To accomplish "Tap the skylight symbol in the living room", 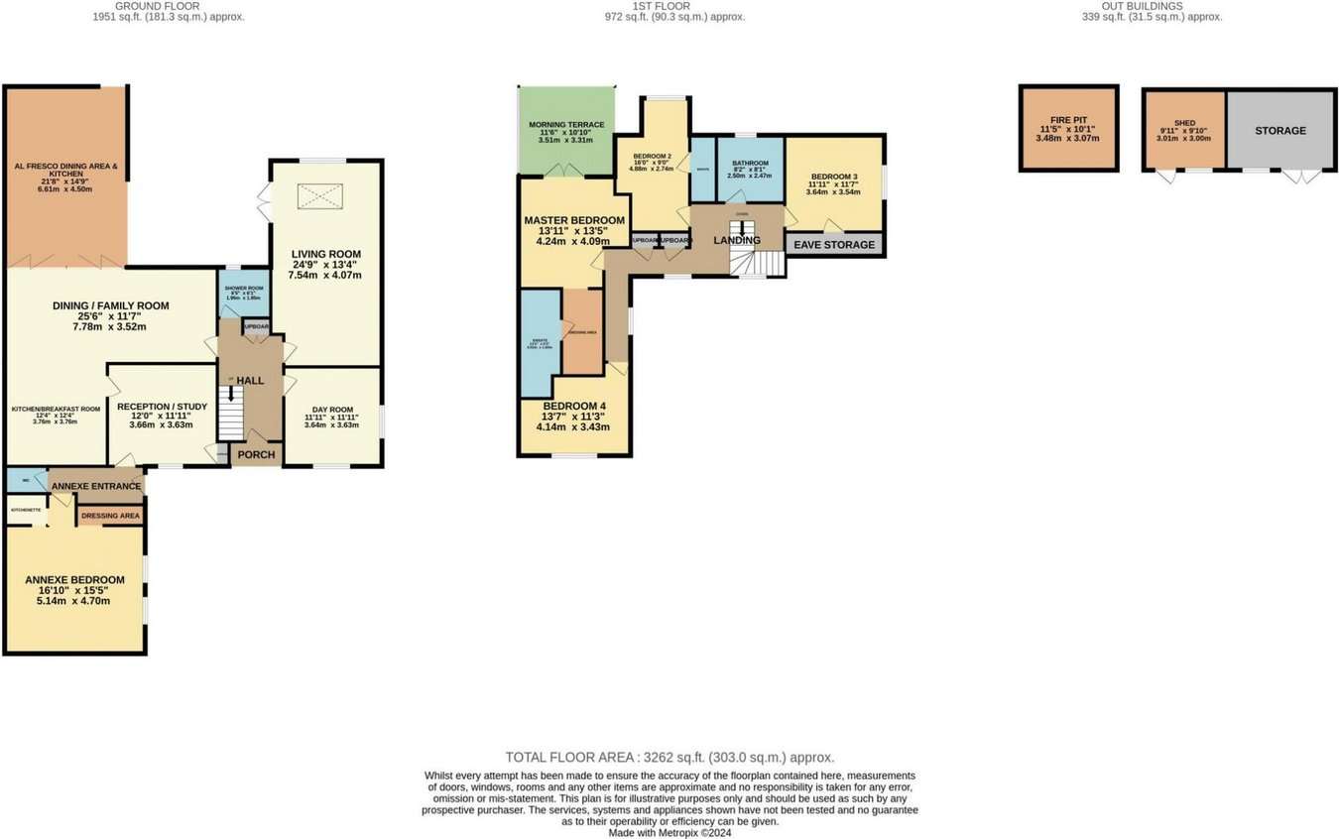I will tap(320, 196).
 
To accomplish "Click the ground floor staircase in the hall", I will tap(230, 413).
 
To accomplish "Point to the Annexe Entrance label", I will tap(96, 486).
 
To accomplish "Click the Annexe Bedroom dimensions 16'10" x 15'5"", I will tap(74, 590).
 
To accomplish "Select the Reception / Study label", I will tap(161, 407).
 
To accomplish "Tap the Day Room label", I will tap(332, 410).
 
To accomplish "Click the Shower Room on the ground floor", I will tap(243, 293).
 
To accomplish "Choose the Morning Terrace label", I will tap(565, 123).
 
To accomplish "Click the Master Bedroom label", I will tap(574, 220).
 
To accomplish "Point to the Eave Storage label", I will tap(834, 245).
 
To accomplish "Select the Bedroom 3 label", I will tap(834, 177).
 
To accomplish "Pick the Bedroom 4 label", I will tap(574, 407).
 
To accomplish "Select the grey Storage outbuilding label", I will tap(1279, 131).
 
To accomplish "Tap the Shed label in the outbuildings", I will tap(1184, 124).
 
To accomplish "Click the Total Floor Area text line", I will tap(669, 757).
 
